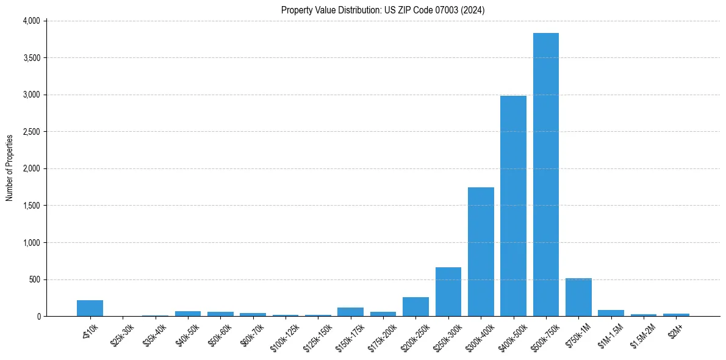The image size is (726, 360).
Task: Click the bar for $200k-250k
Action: pos(415,307)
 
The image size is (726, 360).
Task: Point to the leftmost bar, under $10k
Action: pos(90,308)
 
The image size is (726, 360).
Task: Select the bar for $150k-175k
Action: pos(350,312)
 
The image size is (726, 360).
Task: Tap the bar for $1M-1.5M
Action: pos(611,313)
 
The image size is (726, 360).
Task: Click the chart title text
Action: pos(383,10)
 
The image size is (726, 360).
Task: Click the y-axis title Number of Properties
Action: pos(10,168)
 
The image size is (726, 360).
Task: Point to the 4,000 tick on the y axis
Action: pos(31,21)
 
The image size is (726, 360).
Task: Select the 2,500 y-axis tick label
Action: pos(31,132)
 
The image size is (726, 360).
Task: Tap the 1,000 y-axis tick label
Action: pos(31,243)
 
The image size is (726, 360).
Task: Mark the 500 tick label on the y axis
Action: pos(34,279)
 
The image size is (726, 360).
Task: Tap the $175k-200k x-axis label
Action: pos(382,337)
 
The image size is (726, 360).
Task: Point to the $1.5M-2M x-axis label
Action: pos(642,336)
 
